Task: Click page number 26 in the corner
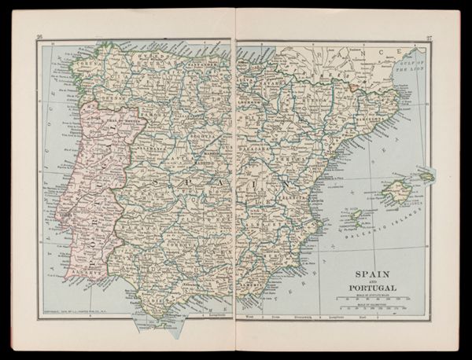pos(40,36)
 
